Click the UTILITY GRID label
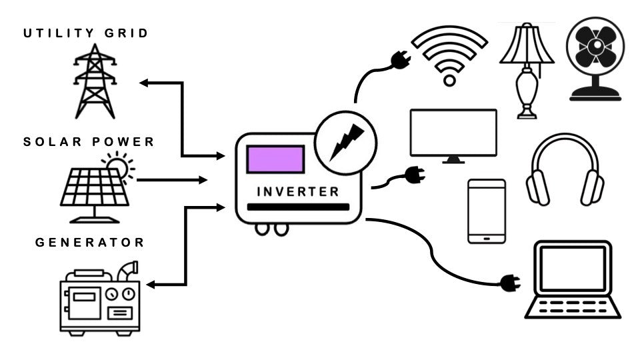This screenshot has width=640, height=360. [86, 33]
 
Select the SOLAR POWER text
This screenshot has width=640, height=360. [89, 142]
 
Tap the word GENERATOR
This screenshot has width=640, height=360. [90, 242]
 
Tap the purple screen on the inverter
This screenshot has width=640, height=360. [275, 160]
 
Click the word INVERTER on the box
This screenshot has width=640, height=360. [298, 192]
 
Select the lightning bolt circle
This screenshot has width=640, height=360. [345, 141]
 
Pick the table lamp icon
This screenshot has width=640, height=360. [527, 70]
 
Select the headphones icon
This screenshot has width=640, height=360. [565, 170]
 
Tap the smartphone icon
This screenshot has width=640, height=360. [486, 211]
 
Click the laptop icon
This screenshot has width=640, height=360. [573, 280]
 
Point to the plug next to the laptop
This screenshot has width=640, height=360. [510, 283]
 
